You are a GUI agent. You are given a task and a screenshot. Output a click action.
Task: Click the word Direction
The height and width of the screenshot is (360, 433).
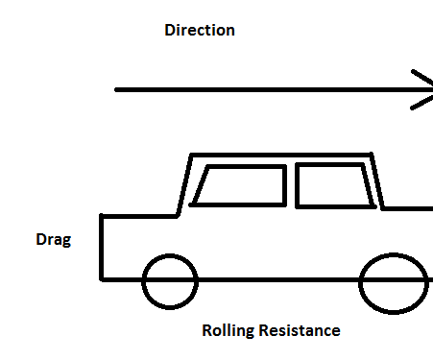(200, 30)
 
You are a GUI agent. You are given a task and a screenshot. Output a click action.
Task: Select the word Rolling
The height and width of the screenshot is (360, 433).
(227, 331)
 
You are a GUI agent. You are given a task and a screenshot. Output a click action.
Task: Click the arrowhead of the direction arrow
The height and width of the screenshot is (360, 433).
(423, 89)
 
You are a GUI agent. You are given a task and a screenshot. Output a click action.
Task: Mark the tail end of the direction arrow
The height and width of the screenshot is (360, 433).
(118, 89)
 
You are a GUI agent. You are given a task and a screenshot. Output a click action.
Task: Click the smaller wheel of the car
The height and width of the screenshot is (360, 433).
(169, 281)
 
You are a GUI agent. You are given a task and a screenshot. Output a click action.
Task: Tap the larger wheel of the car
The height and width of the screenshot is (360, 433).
(394, 282)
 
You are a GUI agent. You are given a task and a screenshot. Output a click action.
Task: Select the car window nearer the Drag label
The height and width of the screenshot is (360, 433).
(240, 186)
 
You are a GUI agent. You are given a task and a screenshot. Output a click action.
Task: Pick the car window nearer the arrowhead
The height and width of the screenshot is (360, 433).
(334, 186)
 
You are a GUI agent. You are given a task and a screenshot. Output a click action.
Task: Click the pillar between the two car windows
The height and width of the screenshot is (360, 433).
(292, 186)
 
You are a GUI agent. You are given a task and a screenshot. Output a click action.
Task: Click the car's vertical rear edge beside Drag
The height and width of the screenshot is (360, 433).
(102, 248)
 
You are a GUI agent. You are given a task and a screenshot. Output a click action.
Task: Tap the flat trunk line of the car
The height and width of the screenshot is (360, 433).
(139, 216)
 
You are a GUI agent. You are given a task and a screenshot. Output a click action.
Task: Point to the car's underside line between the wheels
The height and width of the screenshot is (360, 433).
(278, 279)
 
